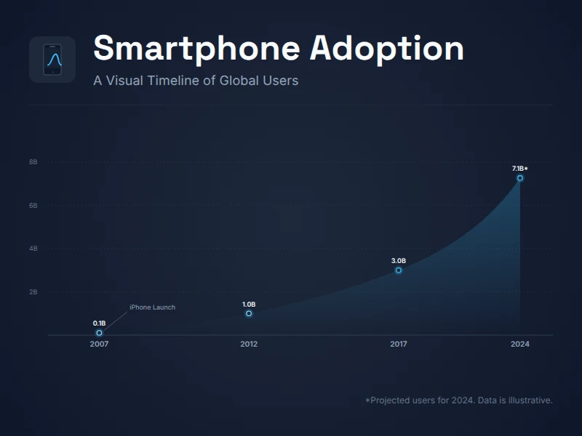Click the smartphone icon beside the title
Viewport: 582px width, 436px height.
(52, 60)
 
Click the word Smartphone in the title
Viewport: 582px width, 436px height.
(196, 49)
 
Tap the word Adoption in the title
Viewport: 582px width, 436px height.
(387, 49)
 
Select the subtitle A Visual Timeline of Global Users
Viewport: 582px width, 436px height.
(196, 81)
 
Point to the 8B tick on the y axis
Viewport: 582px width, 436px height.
(33, 162)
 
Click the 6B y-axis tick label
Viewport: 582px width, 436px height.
(33, 206)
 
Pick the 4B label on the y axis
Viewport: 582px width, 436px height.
(33, 249)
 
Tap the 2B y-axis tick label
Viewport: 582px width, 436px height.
(33, 292)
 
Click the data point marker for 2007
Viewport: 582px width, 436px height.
(100, 333)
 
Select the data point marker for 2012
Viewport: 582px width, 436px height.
(249, 313)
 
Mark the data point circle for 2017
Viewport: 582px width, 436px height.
(399, 270)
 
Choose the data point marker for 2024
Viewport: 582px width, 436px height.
(520, 178)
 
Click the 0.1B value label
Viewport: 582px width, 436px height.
(100, 323)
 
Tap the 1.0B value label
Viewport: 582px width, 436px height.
(249, 304)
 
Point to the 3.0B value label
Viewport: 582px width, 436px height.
(399, 260)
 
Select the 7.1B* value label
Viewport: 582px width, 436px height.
(520, 169)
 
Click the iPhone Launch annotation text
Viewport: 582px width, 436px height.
(152, 307)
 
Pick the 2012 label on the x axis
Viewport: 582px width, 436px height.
(249, 344)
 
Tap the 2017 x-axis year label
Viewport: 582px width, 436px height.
(399, 344)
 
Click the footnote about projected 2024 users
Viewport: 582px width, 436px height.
(458, 400)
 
